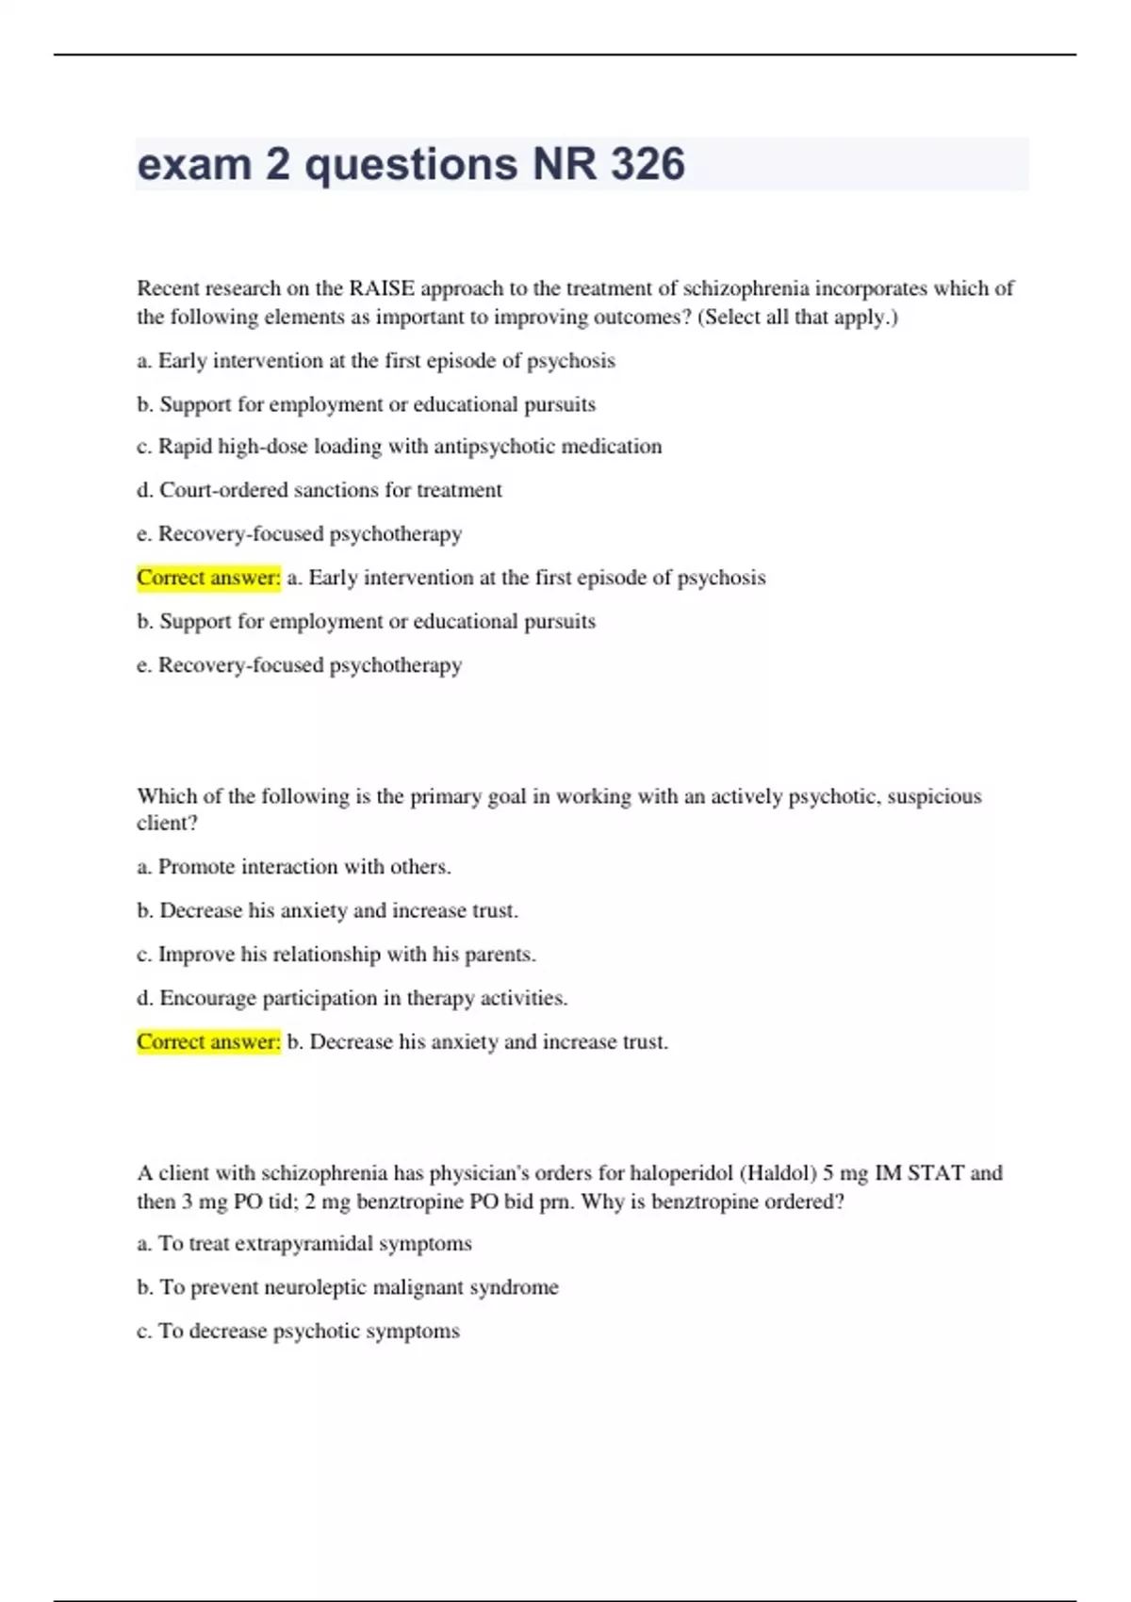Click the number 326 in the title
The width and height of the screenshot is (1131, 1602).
pyautogui.click(x=647, y=164)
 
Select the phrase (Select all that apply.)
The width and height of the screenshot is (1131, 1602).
pyautogui.click(x=797, y=317)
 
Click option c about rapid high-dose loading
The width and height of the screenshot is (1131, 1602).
pyautogui.click(x=400, y=447)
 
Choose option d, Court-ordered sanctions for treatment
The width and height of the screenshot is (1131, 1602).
pyautogui.click(x=320, y=490)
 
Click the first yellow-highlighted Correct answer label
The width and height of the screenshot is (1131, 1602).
pyautogui.click(x=208, y=578)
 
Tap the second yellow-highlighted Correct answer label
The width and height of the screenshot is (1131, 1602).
pyautogui.click(x=208, y=1042)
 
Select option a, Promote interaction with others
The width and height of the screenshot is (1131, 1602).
pyautogui.click(x=294, y=867)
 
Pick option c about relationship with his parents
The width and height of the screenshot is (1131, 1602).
pyautogui.click(x=336, y=955)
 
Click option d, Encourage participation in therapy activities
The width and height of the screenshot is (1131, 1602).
pyautogui.click(x=352, y=998)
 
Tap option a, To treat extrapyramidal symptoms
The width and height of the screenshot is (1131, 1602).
pyautogui.click(x=304, y=1244)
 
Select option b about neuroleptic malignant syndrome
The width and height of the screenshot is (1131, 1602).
pyautogui.click(x=348, y=1287)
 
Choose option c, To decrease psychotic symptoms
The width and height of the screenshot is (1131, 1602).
pyautogui.click(x=299, y=1332)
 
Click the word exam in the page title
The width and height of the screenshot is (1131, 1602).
pyautogui.click(x=193, y=164)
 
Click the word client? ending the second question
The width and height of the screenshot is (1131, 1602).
pyautogui.click(x=167, y=823)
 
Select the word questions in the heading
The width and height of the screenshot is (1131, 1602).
pyautogui.click(x=411, y=164)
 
